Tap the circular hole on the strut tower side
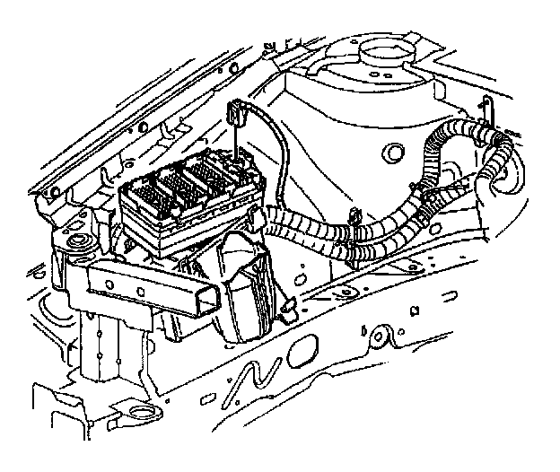pyautogui.click(x=391, y=151)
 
